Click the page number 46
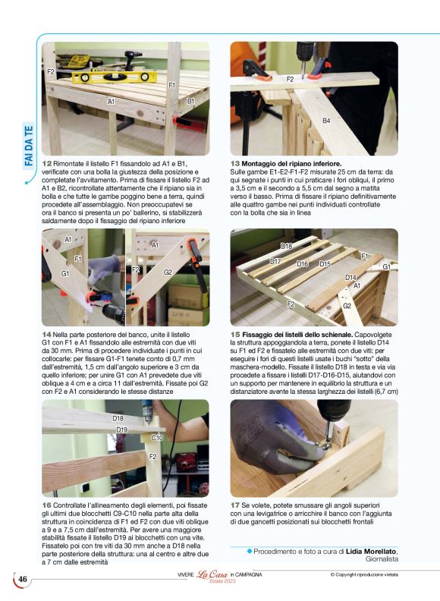click(x=23, y=581)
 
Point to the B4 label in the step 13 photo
click(x=326, y=121)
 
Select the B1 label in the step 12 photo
click(x=191, y=101)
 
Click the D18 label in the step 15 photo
click(x=287, y=247)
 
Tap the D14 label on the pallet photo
click(x=350, y=278)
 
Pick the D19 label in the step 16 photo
click(x=122, y=430)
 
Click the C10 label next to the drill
click(x=157, y=438)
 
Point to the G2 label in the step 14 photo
click(x=168, y=272)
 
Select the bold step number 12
click(x=47, y=163)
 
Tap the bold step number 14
click(x=47, y=335)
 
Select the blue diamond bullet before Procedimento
click(x=249, y=550)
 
